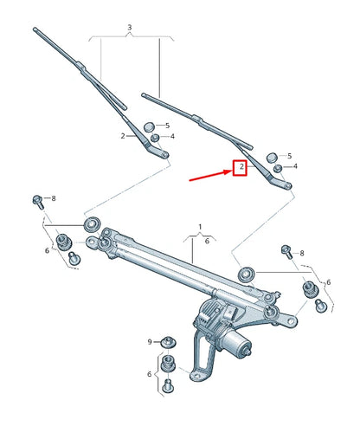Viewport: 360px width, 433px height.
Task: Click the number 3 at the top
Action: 129,28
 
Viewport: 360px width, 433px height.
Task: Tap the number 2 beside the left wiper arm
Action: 124,136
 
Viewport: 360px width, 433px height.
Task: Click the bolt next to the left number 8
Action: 37,201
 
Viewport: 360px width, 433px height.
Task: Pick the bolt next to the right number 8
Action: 286,250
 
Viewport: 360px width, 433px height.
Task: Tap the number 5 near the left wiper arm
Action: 167,126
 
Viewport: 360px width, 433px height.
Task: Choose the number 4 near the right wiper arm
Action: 295,165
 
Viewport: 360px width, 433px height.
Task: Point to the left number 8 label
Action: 53,198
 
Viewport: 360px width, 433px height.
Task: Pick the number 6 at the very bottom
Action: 149,374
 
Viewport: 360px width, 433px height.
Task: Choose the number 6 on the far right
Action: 329,282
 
